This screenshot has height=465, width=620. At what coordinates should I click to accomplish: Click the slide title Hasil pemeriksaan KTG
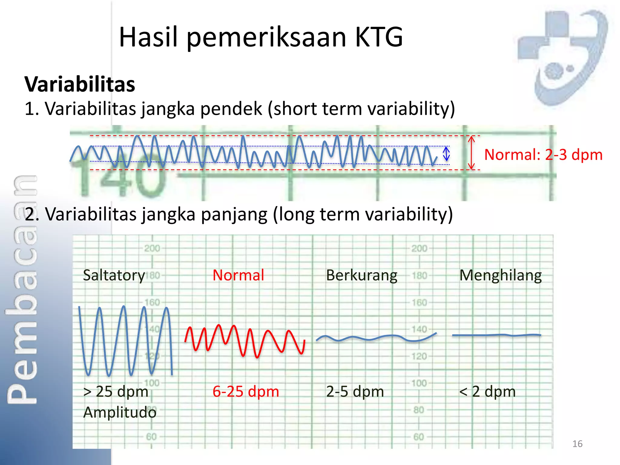(x=261, y=37)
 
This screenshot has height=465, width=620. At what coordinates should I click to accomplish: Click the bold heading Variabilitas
(x=80, y=84)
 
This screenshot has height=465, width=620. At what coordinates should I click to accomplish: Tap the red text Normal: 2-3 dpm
(x=543, y=155)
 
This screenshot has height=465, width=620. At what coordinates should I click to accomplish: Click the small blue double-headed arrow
(x=446, y=154)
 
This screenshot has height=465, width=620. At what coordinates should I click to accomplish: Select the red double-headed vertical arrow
(x=471, y=153)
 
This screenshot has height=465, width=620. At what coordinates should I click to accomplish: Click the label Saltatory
(x=114, y=275)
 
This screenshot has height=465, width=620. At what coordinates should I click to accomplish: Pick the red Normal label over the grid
(x=238, y=275)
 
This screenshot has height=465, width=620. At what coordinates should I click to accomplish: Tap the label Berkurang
(x=361, y=275)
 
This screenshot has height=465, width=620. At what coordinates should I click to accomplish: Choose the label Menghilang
(x=500, y=275)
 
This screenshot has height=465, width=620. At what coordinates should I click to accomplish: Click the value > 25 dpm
(x=116, y=391)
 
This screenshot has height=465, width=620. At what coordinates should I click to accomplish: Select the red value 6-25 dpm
(x=246, y=391)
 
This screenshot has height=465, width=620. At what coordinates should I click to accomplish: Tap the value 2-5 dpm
(x=355, y=391)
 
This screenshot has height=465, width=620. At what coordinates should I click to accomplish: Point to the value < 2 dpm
(x=487, y=391)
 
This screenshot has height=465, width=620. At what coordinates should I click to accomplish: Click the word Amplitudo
(x=120, y=412)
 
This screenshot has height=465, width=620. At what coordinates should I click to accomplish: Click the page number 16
(x=577, y=444)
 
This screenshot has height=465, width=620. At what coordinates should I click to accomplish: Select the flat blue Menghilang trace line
(x=496, y=335)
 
